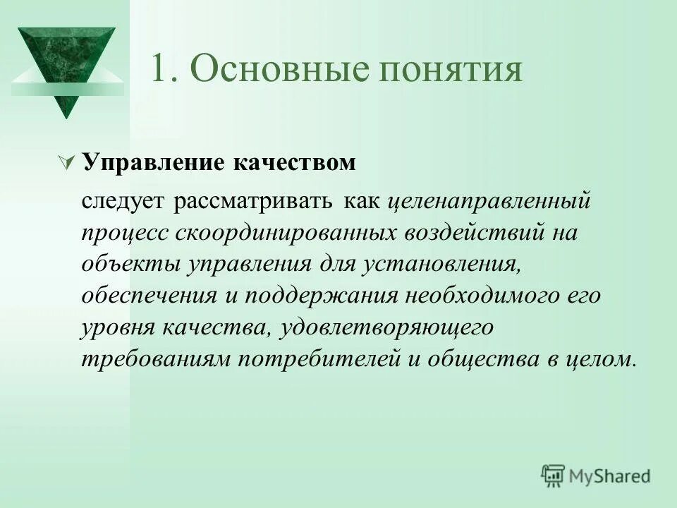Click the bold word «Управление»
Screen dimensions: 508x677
coord(152,163)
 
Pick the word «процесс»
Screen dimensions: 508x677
coord(123,234)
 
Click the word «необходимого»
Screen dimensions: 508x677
coord(480,296)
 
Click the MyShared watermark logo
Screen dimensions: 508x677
coord(596,476)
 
